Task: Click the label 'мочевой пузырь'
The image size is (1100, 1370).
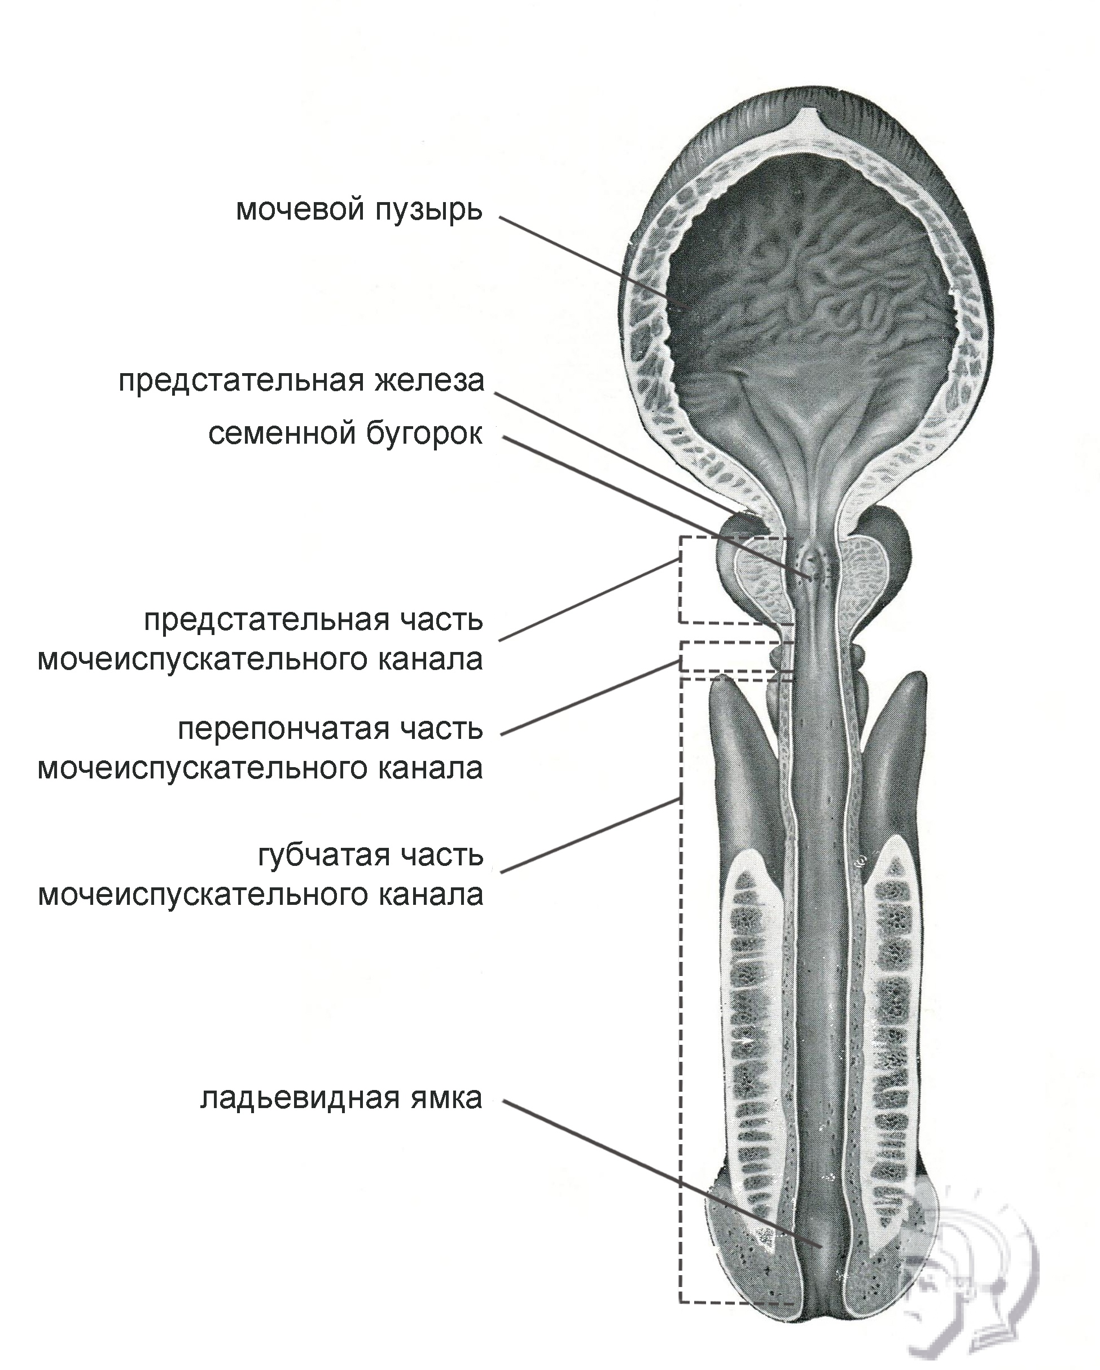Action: [x=359, y=209]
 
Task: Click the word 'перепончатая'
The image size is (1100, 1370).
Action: [x=283, y=729]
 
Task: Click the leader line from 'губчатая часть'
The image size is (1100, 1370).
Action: [x=591, y=835]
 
